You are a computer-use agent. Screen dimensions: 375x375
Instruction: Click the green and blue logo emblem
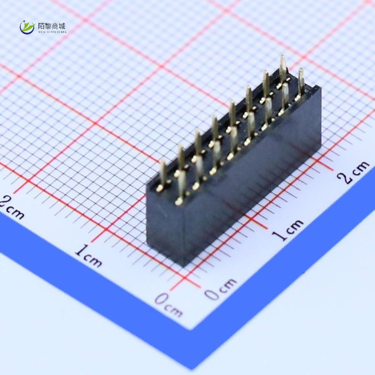pyautogui.click(x=27, y=27)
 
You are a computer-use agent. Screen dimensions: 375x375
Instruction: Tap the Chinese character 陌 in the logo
pyautogui.click(x=41, y=26)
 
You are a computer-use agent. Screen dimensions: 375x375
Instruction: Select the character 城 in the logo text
pyautogui.click(x=62, y=26)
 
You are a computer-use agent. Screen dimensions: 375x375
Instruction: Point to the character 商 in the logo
pyautogui.click(x=55, y=26)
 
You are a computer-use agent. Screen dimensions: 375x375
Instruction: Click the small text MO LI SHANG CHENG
pyautogui.click(x=52, y=32)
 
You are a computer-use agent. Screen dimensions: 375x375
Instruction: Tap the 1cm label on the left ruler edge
pyautogui.click(x=88, y=255)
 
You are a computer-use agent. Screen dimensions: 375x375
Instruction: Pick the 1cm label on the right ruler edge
pyautogui.click(x=290, y=229)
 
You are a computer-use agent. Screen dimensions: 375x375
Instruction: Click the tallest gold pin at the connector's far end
pyautogui.click(x=282, y=67)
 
